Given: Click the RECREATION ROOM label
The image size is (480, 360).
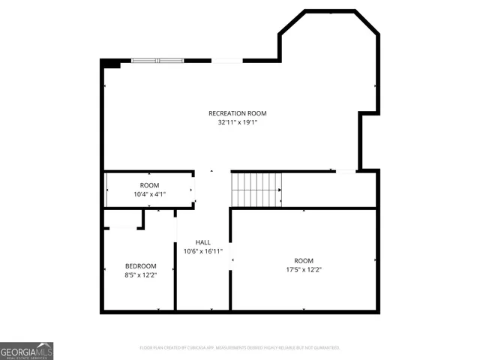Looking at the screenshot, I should [x=237, y=113].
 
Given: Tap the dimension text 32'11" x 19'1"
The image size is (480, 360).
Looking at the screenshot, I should [x=237, y=122].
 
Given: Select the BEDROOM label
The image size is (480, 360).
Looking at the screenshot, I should [x=140, y=266].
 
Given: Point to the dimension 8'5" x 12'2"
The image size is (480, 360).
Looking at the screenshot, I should [x=140, y=275].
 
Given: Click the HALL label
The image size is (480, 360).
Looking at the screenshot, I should [x=202, y=242].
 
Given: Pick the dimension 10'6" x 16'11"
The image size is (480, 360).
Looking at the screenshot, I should [x=202, y=251].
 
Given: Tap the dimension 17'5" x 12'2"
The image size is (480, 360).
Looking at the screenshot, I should [x=304, y=269].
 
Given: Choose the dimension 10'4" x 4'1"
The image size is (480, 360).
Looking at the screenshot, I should [x=149, y=194].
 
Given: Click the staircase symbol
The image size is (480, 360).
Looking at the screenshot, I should [x=256, y=189].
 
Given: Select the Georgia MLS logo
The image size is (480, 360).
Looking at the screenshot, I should [x=27, y=350].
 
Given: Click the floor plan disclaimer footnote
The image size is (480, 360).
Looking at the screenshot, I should [x=240, y=348].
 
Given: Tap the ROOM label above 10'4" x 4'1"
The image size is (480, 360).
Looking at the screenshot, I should [x=149, y=185].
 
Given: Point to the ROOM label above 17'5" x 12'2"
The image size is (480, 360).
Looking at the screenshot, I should [x=304, y=260].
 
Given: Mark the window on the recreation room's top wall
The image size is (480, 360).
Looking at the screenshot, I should [x=157, y=60].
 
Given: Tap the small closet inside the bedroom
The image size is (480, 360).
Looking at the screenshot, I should [x=122, y=218].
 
